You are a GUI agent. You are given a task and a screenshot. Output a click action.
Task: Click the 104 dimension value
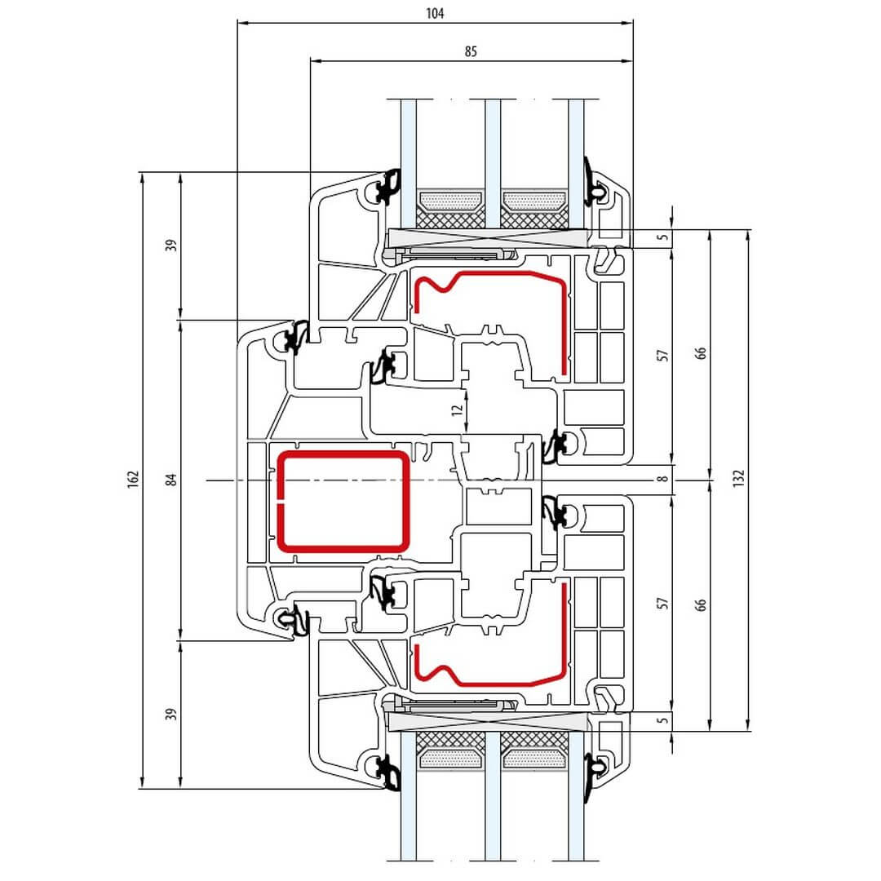pyautogui.click(x=436, y=12)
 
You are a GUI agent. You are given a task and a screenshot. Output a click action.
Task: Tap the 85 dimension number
pyautogui.click(x=471, y=51)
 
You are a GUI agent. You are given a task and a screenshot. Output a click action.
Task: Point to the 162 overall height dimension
pyautogui.click(x=133, y=480)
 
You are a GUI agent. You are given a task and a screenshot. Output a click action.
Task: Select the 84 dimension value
pyautogui.click(x=171, y=480)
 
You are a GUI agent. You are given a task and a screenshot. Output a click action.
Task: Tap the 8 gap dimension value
pyautogui.click(x=663, y=480)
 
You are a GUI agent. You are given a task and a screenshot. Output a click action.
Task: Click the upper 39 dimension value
pyautogui.click(x=171, y=246)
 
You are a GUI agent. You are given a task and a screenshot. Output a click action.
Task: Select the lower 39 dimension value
pyautogui.click(x=171, y=715)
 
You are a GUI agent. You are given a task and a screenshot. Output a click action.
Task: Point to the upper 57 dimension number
pyautogui.click(x=663, y=355)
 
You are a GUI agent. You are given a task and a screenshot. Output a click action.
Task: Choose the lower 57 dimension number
pyautogui.click(x=663, y=603)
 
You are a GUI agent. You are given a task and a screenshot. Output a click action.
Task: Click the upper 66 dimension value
pyautogui.click(x=701, y=353)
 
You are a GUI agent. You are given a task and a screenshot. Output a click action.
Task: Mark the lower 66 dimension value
pyautogui.click(x=701, y=604)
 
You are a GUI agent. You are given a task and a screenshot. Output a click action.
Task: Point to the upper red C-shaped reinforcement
pyautogui.click(x=563, y=326)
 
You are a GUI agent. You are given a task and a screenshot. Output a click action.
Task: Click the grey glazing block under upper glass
pyautogui.click(x=489, y=238)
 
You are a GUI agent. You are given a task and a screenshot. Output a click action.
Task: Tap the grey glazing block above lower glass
pyautogui.click(x=489, y=723)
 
